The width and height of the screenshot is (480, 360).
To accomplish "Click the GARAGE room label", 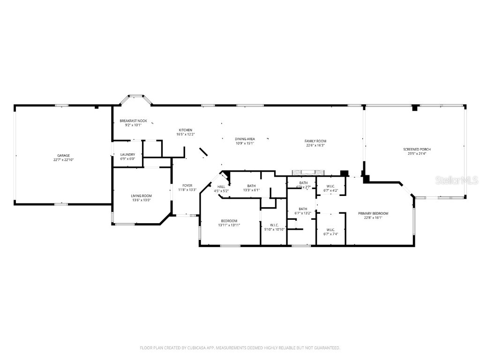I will pyautogui.click(x=64, y=155).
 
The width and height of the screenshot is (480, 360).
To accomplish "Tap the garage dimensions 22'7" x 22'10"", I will pyautogui.click(x=64, y=160).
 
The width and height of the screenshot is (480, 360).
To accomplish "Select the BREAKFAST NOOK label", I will pyautogui.click(x=133, y=120).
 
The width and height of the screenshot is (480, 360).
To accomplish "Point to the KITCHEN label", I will pyautogui.click(x=185, y=130).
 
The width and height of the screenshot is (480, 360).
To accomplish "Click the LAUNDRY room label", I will pyautogui.click(x=127, y=154).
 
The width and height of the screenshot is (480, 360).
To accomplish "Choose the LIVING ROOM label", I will pyautogui.click(x=141, y=195).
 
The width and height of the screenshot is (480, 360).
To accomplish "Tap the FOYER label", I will pyautogui.click(x=187, y=185).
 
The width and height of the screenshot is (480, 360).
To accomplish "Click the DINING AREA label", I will pyautogui.click(x=245, y=139).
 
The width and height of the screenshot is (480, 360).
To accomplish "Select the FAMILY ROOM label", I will pyautogui.click(x=315, y=141).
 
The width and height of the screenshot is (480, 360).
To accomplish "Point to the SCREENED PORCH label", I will pyautogui.click(x=417, y=149).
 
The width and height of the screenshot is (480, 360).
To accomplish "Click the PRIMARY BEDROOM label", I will pyautogui.click(x=373, y=213).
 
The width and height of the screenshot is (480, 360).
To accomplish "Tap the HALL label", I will pyautogui.click(x=221, y=187).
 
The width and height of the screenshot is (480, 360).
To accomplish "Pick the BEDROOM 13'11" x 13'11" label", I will pyautogui.click(x=229, y=221).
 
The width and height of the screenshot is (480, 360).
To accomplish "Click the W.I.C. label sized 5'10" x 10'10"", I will pyautogui.click(x=274, y=225).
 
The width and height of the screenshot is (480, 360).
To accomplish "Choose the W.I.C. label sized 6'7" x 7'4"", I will pyautogui.click(x=330, y=230).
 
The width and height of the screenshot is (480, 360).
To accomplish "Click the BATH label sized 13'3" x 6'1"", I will pyautogui.click(x=251, y=186).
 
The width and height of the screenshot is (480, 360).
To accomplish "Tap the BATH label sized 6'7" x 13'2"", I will pyautogui.click(x=303, y=209).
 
